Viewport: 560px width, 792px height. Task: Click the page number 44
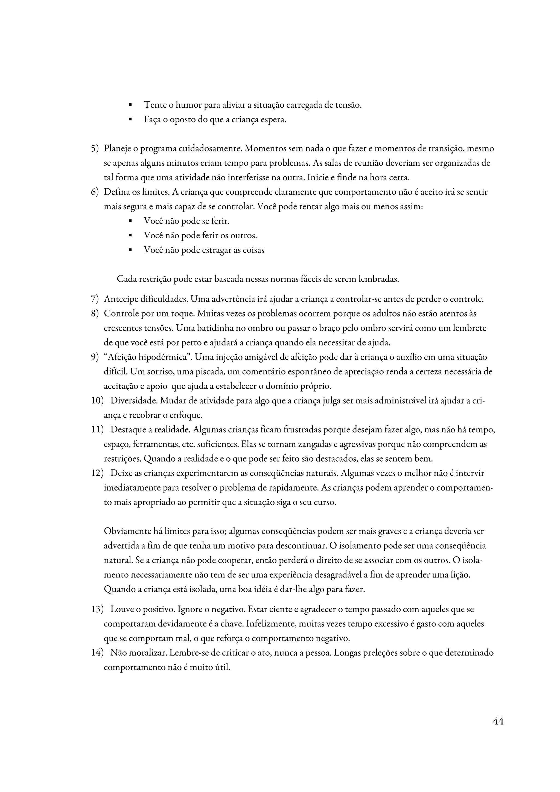click(498, 721)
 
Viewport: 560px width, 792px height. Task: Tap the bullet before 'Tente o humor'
click(130, 104)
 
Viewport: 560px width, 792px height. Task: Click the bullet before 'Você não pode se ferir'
click(130, 221)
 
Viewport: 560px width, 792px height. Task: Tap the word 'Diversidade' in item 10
click(133, 401)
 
